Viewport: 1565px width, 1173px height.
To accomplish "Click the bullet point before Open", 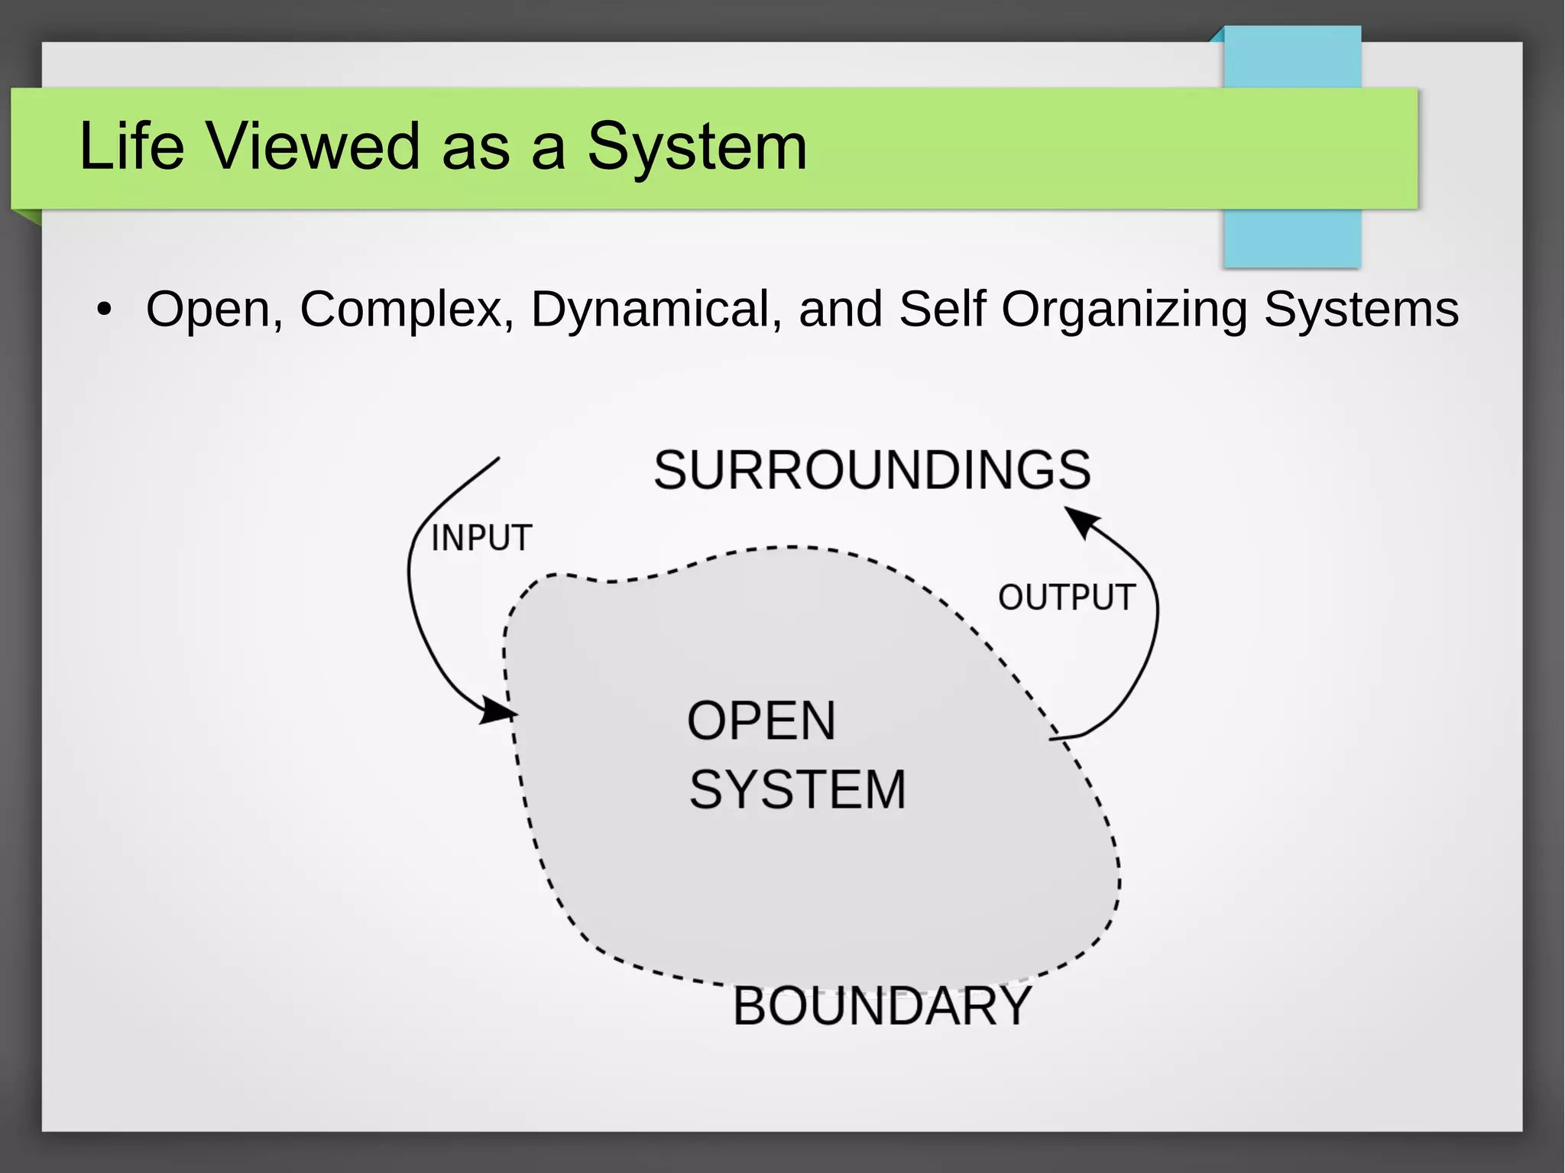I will [104, 310].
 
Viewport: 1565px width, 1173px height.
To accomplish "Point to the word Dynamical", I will [656, 309].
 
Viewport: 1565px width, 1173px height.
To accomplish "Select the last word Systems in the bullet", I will [1361, 309].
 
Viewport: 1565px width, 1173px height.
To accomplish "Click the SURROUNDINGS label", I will [872, 470].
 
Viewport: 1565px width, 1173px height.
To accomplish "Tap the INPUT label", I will [481, 538].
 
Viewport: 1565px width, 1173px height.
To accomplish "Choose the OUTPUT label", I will [1066, 598].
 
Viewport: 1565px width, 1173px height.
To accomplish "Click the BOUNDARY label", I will [883, 1006].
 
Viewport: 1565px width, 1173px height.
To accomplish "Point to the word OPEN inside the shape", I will [761, 721].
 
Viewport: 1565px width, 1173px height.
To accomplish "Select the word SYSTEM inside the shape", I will [797, 789].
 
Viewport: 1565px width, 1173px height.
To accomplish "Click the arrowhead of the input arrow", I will [500, 711].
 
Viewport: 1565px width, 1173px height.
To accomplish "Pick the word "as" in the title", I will [475, 147].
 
